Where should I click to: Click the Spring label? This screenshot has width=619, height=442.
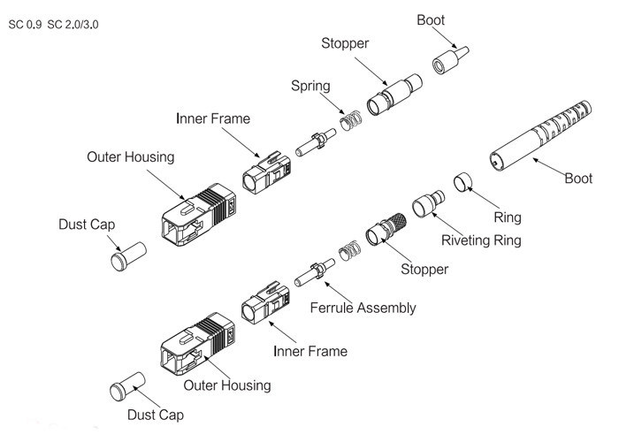(x=310, y=86)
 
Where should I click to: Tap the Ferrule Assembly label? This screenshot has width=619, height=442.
(x=363, y=309)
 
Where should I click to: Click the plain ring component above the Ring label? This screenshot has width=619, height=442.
(x=462, y=183)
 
